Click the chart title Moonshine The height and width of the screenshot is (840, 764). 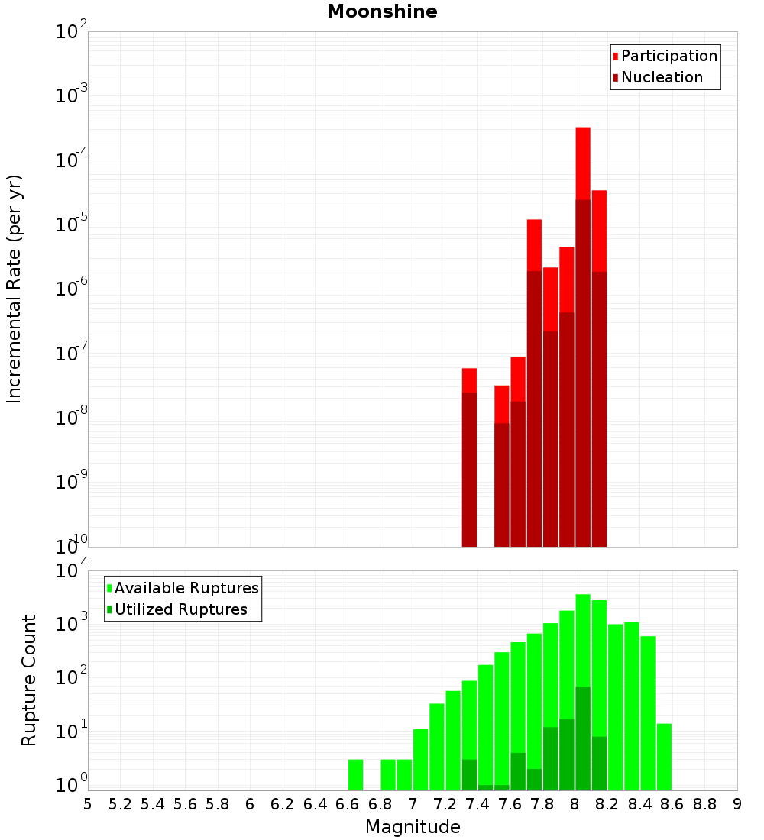[382, 11]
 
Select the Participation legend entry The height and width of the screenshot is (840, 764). [665, 56]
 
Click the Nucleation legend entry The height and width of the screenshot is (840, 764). [658, 77]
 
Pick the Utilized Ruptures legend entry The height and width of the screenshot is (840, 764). [177, 609]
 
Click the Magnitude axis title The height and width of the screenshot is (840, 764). [413, 826]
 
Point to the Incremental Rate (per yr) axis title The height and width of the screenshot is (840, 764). [14, 289]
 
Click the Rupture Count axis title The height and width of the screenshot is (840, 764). [28, 680]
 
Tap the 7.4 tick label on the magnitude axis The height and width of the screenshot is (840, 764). [477, 804]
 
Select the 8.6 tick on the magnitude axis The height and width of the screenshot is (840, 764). [672, 804]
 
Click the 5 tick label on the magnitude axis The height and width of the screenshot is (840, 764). [88, 804]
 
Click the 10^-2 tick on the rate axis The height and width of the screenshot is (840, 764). [71, 31]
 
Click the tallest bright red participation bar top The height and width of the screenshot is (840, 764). [583, 128]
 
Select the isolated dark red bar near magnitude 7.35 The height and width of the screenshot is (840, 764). [469, 470]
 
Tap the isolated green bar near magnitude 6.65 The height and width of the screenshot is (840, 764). [355, 774]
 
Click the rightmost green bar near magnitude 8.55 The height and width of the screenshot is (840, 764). [664, 757]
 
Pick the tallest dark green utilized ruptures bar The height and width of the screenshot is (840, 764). [583, 738]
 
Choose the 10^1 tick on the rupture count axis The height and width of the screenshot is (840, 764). [71, 731]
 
